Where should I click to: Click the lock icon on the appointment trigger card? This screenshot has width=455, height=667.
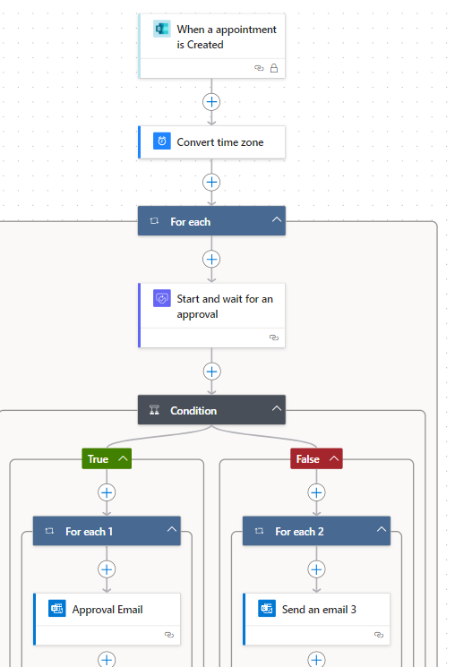coord(274,68)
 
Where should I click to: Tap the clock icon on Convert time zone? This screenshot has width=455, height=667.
coord(162,141)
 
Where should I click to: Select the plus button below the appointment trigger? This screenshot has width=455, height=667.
coord(211,102)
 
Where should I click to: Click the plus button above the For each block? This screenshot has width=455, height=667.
coord(211,182)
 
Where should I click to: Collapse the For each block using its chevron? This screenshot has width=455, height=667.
coord(277,219)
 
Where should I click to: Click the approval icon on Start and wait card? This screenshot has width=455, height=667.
coord(162,298)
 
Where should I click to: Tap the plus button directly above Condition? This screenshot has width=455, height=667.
coord(211,372)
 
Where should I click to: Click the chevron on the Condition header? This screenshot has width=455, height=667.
coord(277,408)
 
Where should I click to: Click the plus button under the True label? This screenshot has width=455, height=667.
coord(107,492)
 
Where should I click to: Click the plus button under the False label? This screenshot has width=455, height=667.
coord(316,492)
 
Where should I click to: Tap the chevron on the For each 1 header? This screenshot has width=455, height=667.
coord(172,529)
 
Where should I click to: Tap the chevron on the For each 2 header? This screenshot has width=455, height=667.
coord(382,529)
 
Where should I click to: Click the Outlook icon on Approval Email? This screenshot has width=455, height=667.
coord(57,609)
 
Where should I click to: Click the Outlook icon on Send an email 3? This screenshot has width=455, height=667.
coord(267,609)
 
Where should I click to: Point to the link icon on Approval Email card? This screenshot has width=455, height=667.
coord(169,635)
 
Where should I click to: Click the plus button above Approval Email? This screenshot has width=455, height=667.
coord(107,569)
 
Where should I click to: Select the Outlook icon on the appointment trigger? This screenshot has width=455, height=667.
coord(162,29)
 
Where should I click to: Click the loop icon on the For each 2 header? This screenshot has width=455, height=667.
coord(259,531)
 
